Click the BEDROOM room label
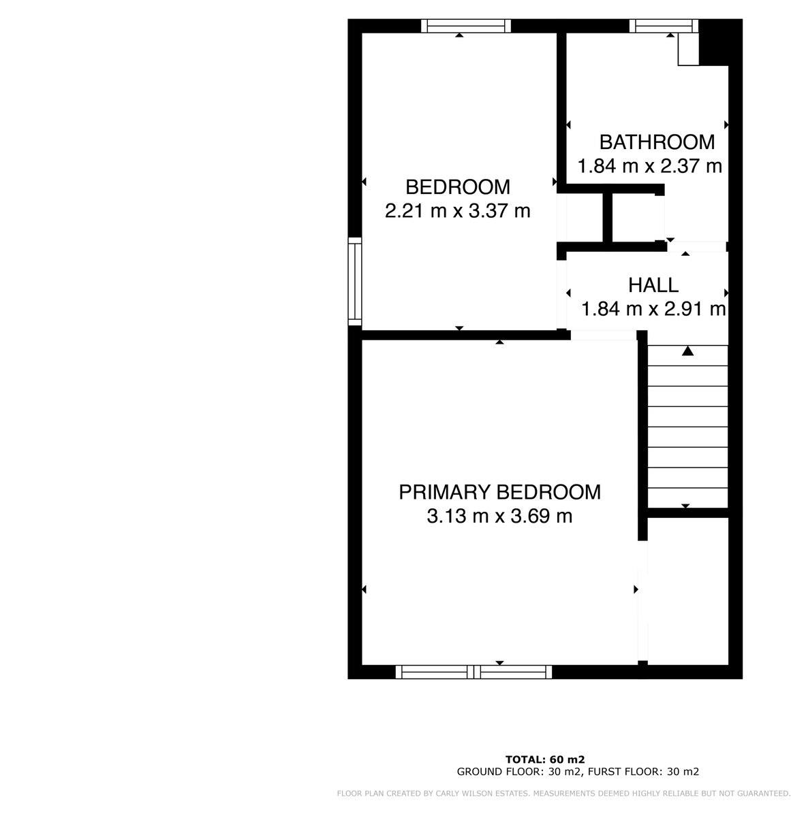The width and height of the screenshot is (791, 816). pos(457,186)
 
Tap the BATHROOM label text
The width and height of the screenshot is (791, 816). pos(657,142)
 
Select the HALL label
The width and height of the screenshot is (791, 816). pos(653,285)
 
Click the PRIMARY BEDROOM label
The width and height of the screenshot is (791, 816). pos(499,492)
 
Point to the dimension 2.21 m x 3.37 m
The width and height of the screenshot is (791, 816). pos(457,211)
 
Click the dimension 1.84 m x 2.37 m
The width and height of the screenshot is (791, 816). pos(649,166)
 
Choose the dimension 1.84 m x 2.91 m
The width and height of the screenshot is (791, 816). pos(653,310)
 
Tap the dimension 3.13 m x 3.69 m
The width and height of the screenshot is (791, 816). pos(499,517)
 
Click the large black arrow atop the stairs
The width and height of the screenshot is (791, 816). pos(687,351)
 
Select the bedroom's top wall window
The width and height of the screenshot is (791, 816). pos(465,26)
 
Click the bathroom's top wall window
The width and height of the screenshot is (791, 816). pos(664,26)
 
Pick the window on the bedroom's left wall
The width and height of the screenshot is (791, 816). pos(355,280)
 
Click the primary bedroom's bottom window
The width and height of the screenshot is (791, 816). pos(474,672)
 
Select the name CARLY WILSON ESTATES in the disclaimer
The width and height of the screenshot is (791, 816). pos(476,794)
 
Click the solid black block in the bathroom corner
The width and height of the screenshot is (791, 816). pos(715,42)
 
